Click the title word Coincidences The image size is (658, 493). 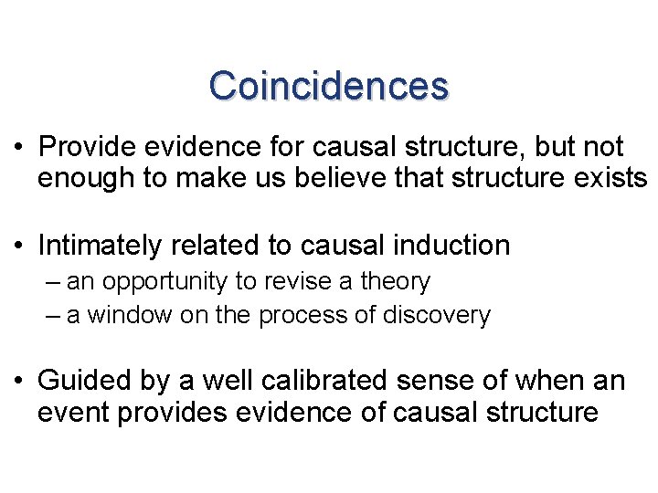328,86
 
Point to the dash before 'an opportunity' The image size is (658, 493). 51,283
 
